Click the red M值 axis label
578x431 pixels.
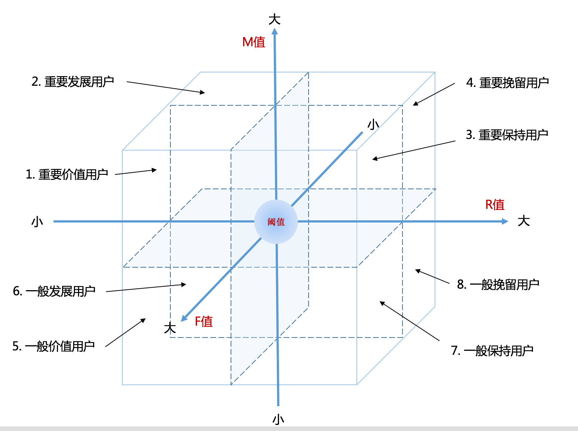pyautogui.click(x=254, y=42)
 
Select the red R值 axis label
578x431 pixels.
pyautogui.click(x=495, y=204)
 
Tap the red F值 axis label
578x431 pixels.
pyautogui.click(x=204, y=321)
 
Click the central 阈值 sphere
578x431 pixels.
pyautogui.click(x=276, y=222)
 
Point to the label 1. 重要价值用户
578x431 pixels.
pyautogui.click(x=67, y=174)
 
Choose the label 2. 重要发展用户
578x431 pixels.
pyautogui.click(x=73, y=82)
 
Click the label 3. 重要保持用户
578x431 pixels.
pyautogui.click(x=507, y=135)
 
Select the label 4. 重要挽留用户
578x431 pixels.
pyautogui.click(x=507, y=83)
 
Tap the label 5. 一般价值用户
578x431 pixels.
pyautogui.click(x=54, y=346)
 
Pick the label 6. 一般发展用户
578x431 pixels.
pyautogui.click(x=54, y=291)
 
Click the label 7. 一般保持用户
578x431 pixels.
pyautogui.click(x=492, y=350)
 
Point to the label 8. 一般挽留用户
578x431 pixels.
pyautogui.click(x=498, y=284)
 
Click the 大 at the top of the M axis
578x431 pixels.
pyautogui.click(x=274, y=20)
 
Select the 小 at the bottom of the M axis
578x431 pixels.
pyautogui.click(x=278, y=420)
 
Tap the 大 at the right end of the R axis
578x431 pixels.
pyautogui.click(x=524, y=221)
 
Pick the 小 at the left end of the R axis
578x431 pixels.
pyautogui.click(x=37, y=222)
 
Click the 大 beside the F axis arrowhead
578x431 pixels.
pyautogui.click(x=170, y=328)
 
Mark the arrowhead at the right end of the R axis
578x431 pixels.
pyautogui.click(x=505, y=221)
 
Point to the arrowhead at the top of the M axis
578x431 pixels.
pyautogui.click(x=275, y=31)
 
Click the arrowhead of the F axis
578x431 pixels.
pyautogui.click(x=184, y=318)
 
